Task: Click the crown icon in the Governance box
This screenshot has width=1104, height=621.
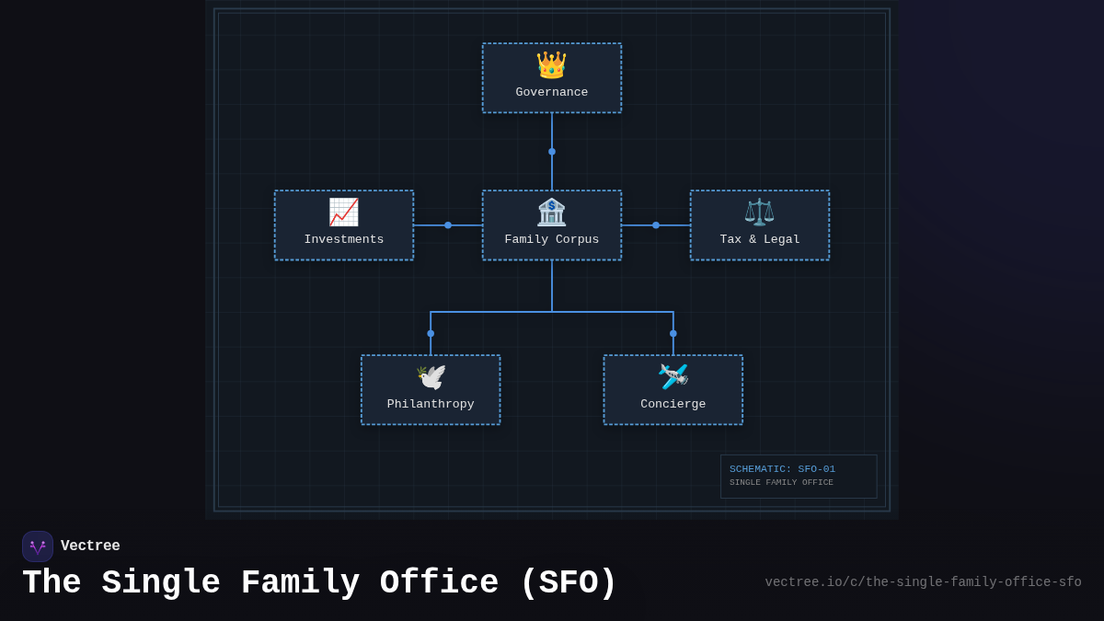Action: tap(552, 64)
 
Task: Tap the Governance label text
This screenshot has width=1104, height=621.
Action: tap(552, 93)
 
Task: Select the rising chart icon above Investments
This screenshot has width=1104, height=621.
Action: tap(344, 212)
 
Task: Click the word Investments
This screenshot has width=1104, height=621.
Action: tap(344, 240)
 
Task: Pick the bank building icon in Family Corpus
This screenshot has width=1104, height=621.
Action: tap(552, 212)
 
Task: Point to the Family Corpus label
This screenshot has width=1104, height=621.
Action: tap(552, 240)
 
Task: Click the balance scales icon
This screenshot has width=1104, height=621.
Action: tap(759, 212)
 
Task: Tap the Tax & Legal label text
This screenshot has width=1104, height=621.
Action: tap(760, 240)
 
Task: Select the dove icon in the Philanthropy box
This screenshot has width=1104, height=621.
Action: tap(431, 376)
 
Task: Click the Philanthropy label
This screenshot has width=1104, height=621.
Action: tap(431, 405)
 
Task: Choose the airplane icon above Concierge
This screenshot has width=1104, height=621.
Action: tap(673, 376)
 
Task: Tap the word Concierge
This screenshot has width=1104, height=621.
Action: tap(673, 405)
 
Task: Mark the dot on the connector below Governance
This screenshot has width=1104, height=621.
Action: tap(552, 152)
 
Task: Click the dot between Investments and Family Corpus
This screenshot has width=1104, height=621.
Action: tap(448, 225)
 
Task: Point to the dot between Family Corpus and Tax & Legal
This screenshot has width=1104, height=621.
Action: tap(656, 225)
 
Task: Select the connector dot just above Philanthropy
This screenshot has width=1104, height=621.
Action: tap(431, 334)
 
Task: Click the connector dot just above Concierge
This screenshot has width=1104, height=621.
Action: tap(673, 334)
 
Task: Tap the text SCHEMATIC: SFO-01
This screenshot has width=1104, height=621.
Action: tap(782, 469)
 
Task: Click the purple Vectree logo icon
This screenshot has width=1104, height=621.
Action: tap(38, 546)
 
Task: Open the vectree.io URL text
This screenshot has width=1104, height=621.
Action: tap(923, 582)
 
